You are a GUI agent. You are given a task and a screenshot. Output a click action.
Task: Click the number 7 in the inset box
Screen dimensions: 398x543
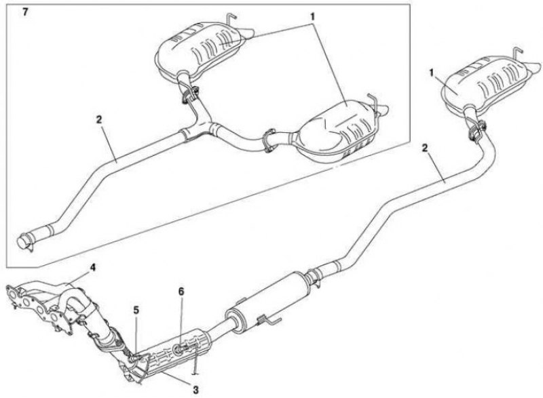click(25, 14)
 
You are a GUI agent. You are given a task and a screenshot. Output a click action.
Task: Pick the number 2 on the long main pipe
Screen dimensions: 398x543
click(425, 148)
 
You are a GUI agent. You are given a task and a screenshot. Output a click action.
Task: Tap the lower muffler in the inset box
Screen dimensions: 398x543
click(337, 131)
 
